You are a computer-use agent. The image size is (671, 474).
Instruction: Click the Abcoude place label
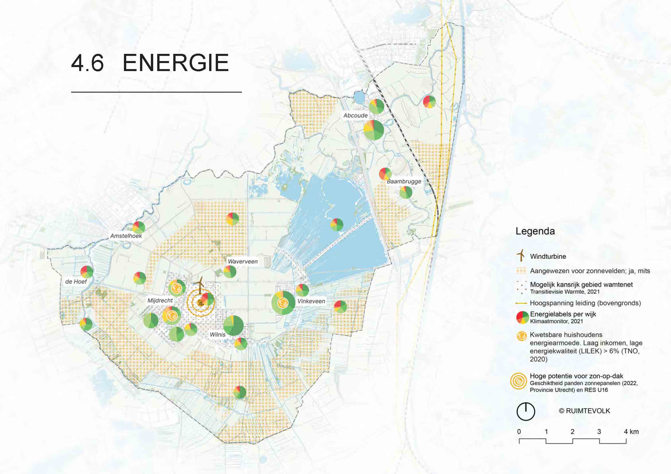coord(355,115)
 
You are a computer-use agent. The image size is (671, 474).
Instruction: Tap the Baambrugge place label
coord(404,181)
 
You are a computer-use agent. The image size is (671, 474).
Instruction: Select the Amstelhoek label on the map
coord(126,236)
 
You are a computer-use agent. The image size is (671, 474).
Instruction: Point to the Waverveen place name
coord(243,262)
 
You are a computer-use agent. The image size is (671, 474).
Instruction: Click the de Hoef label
coord(76,282)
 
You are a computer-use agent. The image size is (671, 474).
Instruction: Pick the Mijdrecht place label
coord(160,300)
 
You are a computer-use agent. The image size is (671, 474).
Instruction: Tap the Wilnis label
coord(217,334)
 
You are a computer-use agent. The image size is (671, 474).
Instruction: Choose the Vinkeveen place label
coord(311,301)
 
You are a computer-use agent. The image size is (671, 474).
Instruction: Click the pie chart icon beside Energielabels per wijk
coord(522,318)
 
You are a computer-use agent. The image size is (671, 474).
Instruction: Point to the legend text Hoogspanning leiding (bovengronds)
coord(585,303)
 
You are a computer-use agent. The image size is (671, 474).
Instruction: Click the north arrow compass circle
coord(526,412)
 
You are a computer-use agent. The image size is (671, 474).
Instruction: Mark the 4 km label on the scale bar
coord(631,431)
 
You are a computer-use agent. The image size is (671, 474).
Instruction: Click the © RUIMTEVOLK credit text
coord(584,411)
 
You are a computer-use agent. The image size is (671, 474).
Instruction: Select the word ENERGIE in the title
coord(176,63)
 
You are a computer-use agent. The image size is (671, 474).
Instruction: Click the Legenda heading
coord(535,231)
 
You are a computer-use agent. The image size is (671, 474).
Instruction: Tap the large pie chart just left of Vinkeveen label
coord(283,303)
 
